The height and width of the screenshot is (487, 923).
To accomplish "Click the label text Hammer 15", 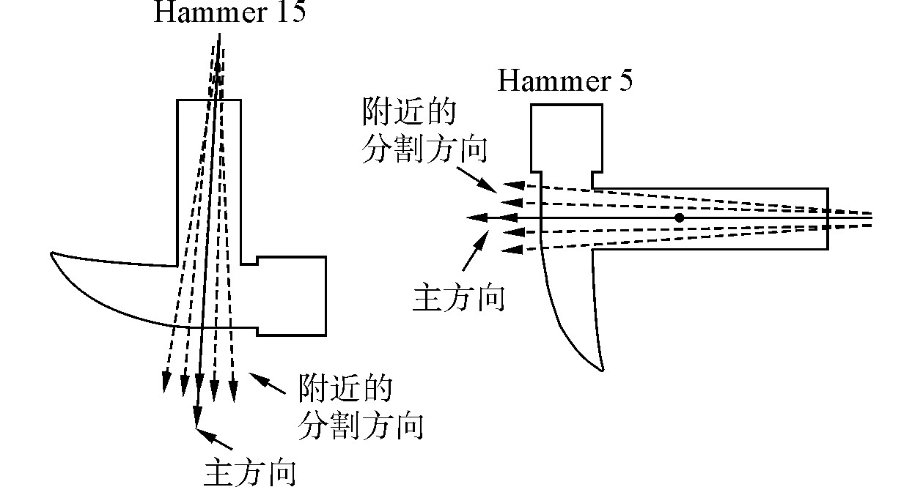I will pyautogui.click(x=229, y=12).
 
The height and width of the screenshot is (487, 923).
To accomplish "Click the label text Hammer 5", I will pyautogui.click(x=565, y=81).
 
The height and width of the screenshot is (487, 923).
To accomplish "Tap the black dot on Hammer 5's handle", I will pyautogui.click(x=680, y=218).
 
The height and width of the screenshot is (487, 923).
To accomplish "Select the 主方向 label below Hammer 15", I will pyautogui.click(x=251, y=472).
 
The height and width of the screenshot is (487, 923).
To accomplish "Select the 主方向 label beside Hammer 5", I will pyautogui.click(x=459, y=298).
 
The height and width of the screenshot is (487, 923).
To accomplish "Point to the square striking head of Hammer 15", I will pyautogui.click(x=290, y=295).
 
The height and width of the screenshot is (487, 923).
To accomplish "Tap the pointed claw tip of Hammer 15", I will pyautogui.click(x=53, y=254).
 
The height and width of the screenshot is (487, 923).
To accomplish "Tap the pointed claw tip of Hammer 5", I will pyautogui.click(x=600, y=368).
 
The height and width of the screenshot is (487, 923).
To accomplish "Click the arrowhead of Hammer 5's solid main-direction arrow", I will pyautogui.click(x=476, y=218).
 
